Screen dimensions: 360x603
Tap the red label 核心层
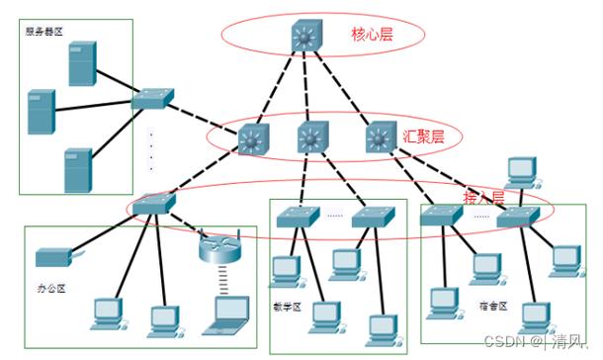tap(372, 35)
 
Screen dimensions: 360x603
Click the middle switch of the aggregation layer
tap(314, 139)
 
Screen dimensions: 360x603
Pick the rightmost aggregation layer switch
tap(380, 138)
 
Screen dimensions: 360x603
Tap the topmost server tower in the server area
tap(82, 64)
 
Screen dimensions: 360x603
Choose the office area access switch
tap(152, 205)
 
